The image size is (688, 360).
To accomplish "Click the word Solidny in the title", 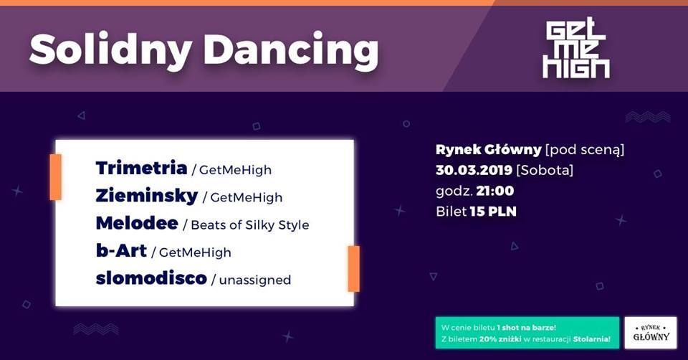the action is click(110, 49).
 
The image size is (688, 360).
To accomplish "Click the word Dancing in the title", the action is click(291, 49).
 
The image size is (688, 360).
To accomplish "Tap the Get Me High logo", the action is click(575, 48).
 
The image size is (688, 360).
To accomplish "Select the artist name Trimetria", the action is click(141, 168).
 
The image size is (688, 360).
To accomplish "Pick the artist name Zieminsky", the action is click(146, 196).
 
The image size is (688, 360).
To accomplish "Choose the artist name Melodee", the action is click(137, 224).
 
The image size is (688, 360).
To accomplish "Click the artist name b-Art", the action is click(121, 251).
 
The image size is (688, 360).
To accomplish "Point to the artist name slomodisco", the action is click(151, 278).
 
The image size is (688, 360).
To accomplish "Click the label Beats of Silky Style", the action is click(250, 225).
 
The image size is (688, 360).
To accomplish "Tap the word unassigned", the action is click(255, 280).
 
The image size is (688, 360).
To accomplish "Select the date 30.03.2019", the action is click(474, 170).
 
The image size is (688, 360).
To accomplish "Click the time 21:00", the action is click(495, 191).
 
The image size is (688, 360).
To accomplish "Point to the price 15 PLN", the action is click(493, 212).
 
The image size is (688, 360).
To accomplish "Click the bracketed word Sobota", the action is click(545, 171).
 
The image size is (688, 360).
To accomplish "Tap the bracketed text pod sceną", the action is click(585, 150).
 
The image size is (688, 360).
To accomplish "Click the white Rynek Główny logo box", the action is click(651, 333).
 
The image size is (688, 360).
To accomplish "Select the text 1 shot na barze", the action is click(526, 328).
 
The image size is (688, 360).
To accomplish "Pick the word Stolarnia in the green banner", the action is click(591, 339).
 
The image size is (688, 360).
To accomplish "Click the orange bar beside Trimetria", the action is click(56, 177).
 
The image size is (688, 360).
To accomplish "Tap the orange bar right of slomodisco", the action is click(353, 269).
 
